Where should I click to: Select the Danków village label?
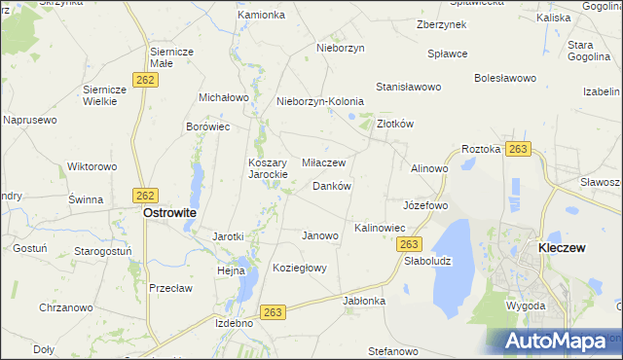331,185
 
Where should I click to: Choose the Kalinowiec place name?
380,228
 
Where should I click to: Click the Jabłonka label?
364,301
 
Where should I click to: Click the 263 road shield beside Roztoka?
518,149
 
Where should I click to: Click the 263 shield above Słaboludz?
410,244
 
